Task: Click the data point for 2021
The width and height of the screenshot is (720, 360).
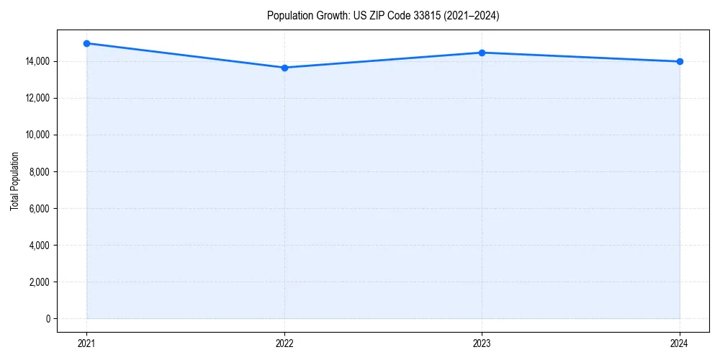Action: (x=86, y=43)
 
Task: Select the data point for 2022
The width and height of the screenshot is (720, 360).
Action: (x=284, y=68)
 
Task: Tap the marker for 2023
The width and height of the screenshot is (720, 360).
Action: (x=482, y=53)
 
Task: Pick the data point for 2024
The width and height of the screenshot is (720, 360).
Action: (x=680, y=61)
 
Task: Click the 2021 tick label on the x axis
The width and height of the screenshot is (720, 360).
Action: (x=86, y=343)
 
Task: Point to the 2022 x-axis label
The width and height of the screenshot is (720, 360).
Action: (x=284, y=343)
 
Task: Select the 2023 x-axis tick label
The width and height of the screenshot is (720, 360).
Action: (x=482, y=343)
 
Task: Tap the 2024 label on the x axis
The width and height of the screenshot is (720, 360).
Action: (x=680, y=343)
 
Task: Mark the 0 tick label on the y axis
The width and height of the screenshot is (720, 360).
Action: (x=48, y=319)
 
